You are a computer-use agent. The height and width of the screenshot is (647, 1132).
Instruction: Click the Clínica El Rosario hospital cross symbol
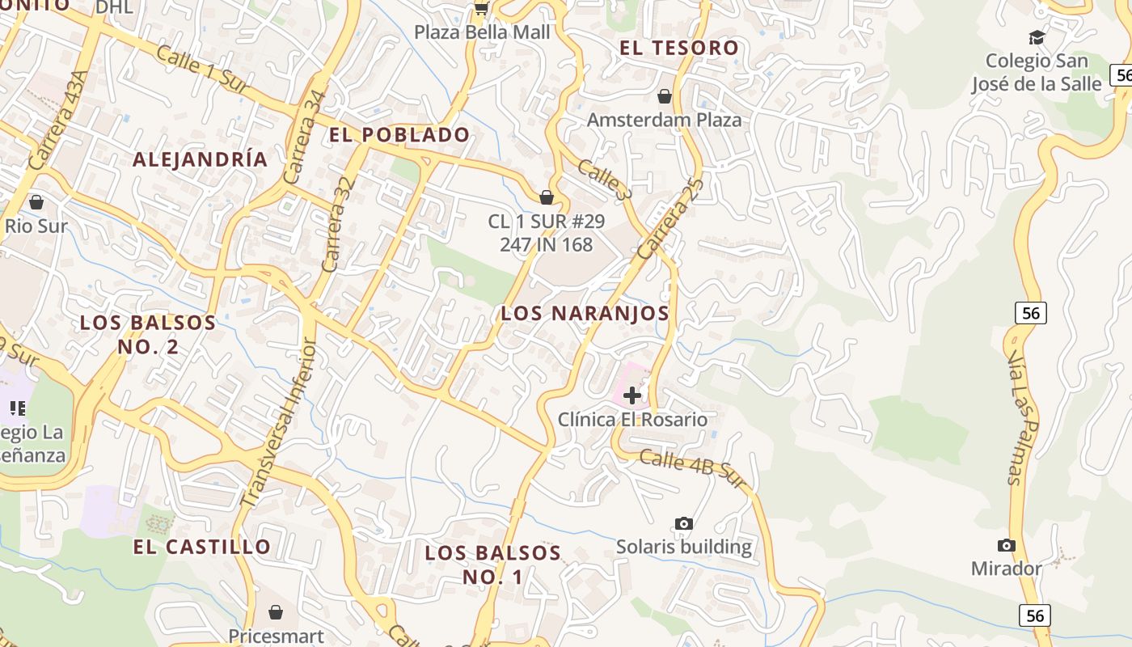click(632, 395)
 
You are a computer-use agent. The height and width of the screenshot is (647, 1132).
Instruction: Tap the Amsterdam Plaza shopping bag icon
click(665, 97)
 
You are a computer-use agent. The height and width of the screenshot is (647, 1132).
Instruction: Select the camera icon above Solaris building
click(684, 523)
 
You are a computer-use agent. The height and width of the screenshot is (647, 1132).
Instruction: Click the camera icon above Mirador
click(1007, 545)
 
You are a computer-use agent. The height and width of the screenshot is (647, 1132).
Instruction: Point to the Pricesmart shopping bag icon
click(276, 612)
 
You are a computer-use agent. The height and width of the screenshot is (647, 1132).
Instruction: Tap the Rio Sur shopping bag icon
click(36, 201)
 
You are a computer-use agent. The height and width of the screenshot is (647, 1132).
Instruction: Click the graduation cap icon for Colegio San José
click(1037, 37)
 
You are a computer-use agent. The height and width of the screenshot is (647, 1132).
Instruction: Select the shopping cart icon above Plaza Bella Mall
click(482, 8)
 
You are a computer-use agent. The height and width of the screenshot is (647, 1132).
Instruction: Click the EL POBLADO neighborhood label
click(399, 135)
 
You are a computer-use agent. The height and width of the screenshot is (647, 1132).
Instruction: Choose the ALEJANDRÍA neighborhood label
click(200, 159)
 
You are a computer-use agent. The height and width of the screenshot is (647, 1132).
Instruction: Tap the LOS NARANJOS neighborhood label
click(585, 314)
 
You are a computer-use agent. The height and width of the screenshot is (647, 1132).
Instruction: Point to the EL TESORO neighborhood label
click(679, 48)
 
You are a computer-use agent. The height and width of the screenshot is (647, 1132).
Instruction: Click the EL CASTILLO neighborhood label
click(202, 547)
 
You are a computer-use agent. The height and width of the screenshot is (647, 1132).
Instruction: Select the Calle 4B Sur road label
click(691, 469)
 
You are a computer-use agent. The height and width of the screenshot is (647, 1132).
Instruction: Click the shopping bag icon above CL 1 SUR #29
click(547, 197)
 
